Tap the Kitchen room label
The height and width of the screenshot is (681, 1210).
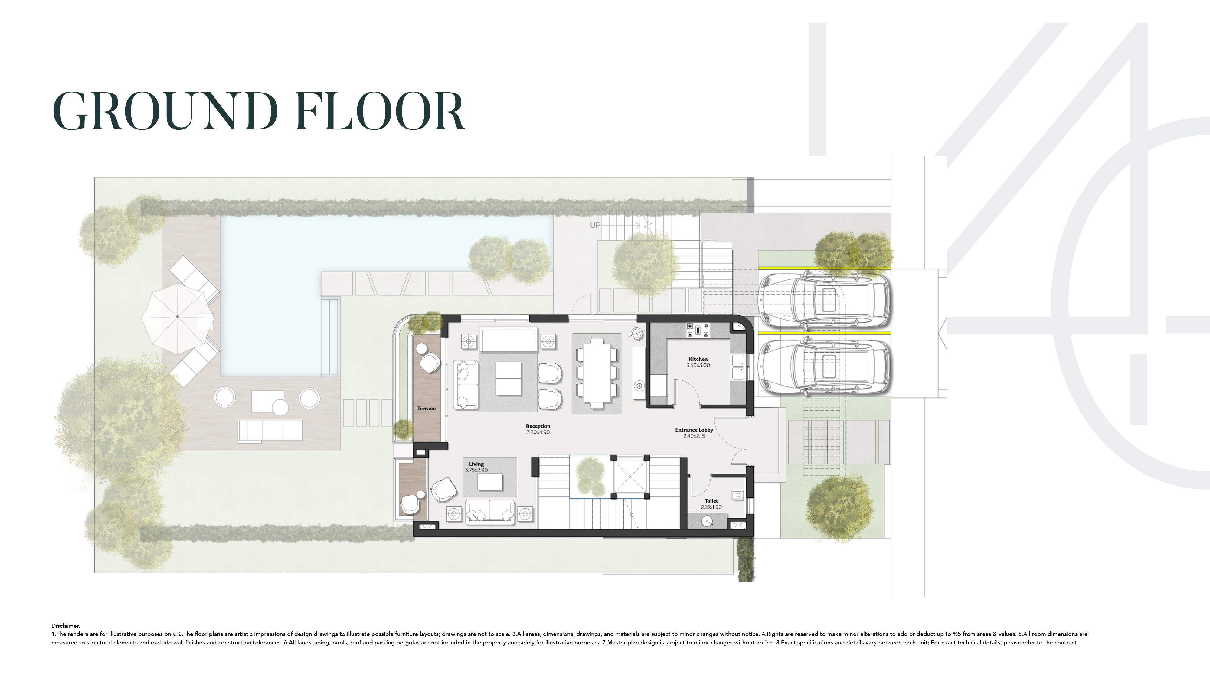(x=698, y=359)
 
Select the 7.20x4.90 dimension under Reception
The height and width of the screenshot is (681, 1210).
(x=538, y=432)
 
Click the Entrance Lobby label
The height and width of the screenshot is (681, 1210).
(x=694, y=430)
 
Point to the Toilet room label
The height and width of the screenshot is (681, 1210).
(x=711, y=501)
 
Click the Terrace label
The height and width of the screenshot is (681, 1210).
(x=426, y=409)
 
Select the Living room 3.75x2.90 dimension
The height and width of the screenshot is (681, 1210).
(x=476, y=470)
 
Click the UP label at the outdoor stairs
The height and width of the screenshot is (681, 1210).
(x=595, y=225)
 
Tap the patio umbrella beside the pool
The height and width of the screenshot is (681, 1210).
(x=178, y=317)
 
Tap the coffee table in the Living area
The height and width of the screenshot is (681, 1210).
(x=489, y=482)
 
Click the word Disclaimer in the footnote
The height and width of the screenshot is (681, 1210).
(x=66, y=626)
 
